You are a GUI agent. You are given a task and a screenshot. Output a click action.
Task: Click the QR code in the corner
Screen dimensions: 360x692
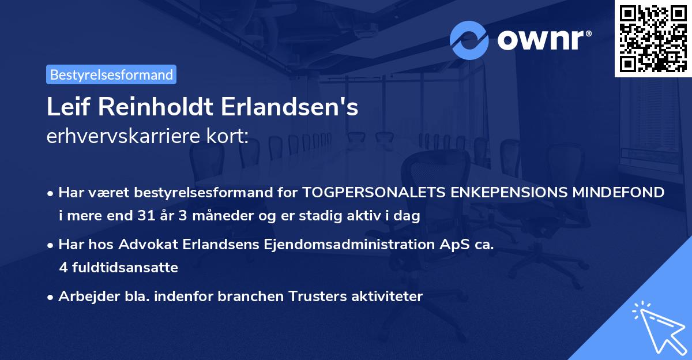pyautogui.click(x=653, y=39)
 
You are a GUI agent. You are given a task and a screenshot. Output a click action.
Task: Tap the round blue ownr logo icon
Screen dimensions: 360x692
pyautogui.click(x=469, y=40)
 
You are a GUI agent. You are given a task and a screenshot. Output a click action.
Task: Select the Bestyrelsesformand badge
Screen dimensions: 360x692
pyautogui.click(x=111, y=74)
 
